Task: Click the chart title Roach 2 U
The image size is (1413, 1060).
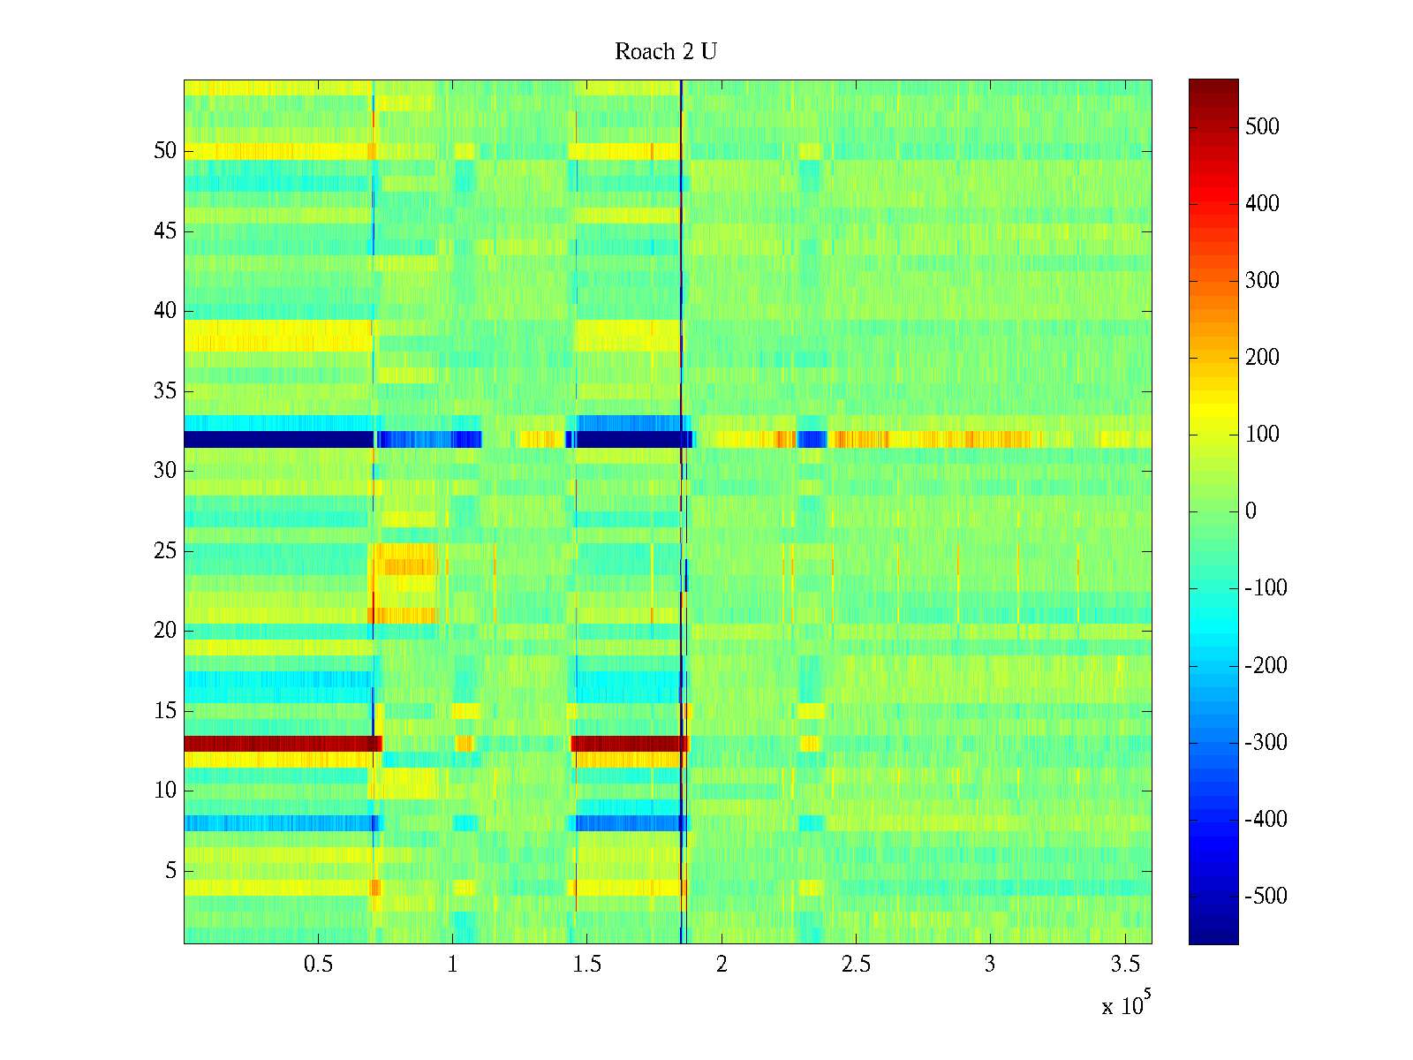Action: (665, 52)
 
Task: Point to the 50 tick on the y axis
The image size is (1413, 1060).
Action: (165, 151)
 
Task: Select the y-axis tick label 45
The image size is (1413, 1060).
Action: (165, 231)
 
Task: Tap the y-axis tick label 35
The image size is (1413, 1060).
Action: (165, 391)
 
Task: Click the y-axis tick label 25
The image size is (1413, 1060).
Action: (165, 551)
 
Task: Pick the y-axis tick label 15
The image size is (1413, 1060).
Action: (165, 711)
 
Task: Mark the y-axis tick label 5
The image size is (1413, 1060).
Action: (170, 871)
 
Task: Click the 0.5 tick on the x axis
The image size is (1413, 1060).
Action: (318, 965)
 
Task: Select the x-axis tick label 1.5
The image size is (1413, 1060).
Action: (587, 965)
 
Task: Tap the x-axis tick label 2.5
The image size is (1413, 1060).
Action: (856, 965)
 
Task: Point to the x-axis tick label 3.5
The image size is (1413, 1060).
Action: (1124, 965)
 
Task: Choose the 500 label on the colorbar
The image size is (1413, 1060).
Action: (1262, 127)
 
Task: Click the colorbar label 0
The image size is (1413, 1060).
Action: (1251, 511)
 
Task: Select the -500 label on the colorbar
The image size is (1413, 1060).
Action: (1266, 896)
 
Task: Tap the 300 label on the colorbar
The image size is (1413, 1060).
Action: (1262, 281)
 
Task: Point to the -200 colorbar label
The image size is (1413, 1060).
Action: (1266, 665)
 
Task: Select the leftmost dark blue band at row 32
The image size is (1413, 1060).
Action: (278, 439)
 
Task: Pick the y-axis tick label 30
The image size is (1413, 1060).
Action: (165, 471)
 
